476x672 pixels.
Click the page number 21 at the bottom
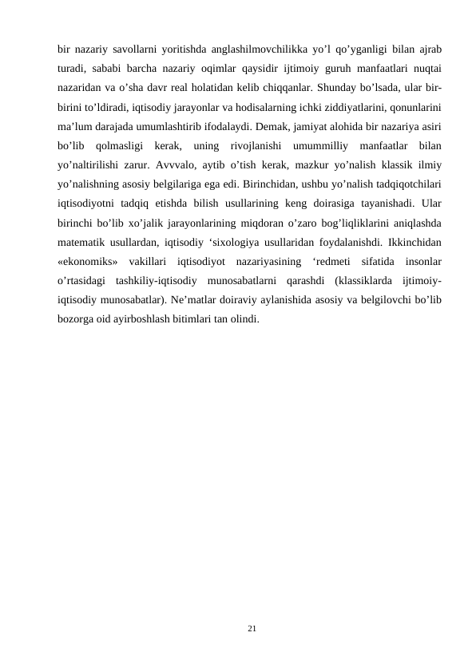252,630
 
